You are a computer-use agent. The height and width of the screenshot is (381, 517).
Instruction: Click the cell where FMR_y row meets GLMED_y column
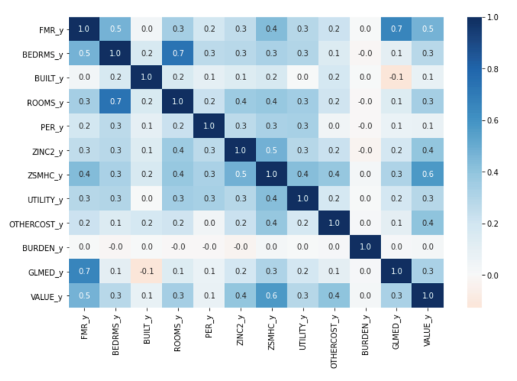pyautogui.click(x=397, y=29)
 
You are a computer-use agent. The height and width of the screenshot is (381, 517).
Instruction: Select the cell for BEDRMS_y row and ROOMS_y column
pyautogui.click(x=178, y=54)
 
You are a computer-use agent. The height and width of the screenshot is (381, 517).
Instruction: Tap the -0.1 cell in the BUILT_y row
pyautogui.click(x=397, y=78)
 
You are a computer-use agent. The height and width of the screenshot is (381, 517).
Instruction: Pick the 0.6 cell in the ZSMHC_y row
pyautogui.click(x=428, y=175)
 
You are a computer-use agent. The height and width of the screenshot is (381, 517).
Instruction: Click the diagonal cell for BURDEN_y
pyautogui.click(x=365, y=247)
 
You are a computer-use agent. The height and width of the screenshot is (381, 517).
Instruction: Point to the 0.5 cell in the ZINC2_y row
pyautogui.click(x=271, y=150)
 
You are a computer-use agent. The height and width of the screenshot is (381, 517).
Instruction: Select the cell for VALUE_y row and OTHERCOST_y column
pyautogui.click(x=334, y=295)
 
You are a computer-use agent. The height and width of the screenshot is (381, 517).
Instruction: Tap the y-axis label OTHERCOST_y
pyautogui.click(x=36, y=223)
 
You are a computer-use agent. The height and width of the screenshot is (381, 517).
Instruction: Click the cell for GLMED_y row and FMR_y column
pyautogui.click(x=84, y=271)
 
